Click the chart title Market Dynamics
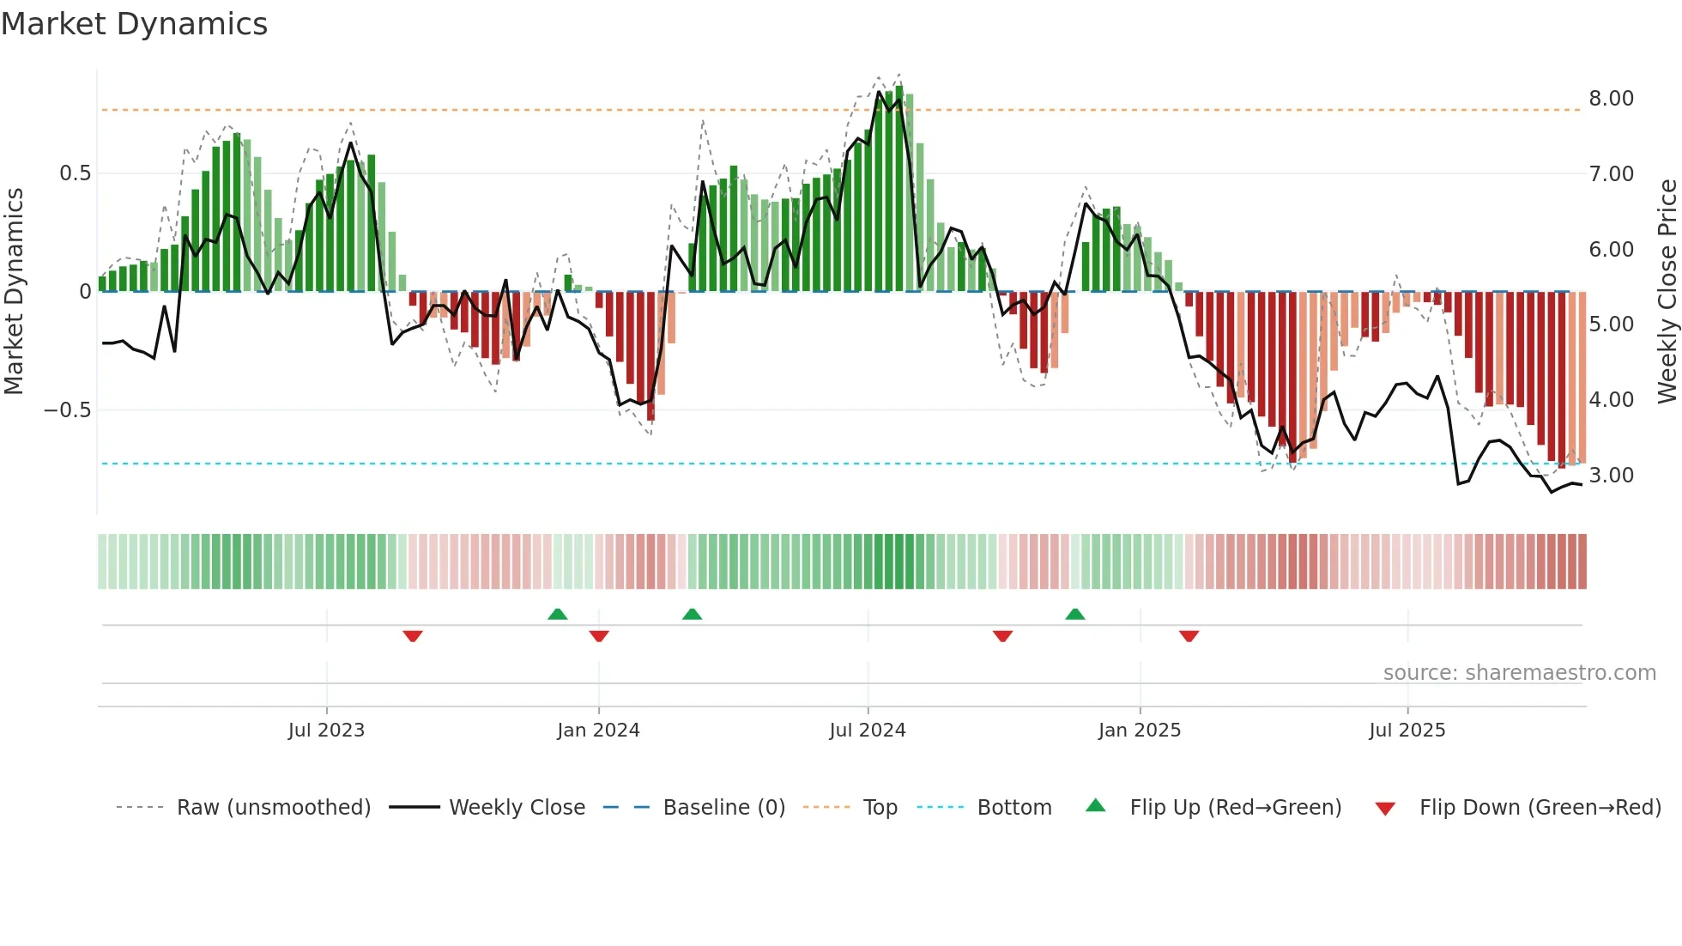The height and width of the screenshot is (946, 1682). point(134,24)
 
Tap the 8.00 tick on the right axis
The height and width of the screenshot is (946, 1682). point(1611,99)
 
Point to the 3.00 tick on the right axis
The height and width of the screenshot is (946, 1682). point(1611,476)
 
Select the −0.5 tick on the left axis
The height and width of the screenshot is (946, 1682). point(68,410)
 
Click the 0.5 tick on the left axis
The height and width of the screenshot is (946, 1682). point(75,173)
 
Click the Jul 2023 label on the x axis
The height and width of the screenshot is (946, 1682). point(326,731)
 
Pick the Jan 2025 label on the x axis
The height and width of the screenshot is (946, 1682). point(1139,731)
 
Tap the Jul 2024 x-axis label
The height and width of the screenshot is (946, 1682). point(867,731)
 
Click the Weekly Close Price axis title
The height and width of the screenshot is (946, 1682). point(1667,292)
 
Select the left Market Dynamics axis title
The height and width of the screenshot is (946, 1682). point(14,292)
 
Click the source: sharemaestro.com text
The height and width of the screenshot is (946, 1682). point(1519,673)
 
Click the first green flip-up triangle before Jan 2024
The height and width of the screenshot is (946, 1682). point(558,614)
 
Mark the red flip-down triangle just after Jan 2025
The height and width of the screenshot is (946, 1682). point(1189,636)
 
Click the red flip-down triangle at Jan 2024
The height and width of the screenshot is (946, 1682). point(599,636)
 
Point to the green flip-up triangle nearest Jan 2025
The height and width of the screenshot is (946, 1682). point(1075,614)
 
